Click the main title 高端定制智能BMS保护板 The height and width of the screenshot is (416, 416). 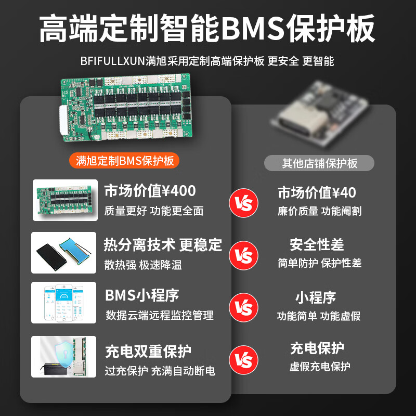pos(208,29)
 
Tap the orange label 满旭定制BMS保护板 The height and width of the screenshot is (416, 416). pos(124,161)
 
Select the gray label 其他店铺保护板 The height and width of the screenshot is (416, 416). pos(319,163)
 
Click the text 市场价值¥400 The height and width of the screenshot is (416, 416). pos(150,191)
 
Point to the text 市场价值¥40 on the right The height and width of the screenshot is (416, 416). pos(317,193)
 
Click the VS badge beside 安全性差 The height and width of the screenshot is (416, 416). pos(243,255)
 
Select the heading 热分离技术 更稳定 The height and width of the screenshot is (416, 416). pos(163,244)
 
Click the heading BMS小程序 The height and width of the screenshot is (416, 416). pos(142,296)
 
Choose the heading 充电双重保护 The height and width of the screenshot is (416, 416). pos(148,352)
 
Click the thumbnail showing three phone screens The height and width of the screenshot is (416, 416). pos(64,303)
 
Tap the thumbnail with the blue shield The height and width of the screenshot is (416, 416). pos(64,356)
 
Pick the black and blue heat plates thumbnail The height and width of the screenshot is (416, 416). pos(64,253)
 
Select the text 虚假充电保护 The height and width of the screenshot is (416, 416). pos(319,367)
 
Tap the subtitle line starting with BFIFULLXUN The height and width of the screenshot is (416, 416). pos(207,61)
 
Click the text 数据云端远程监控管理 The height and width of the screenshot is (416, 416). pos(159,315)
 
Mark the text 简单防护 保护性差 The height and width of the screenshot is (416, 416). pos(319,263)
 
